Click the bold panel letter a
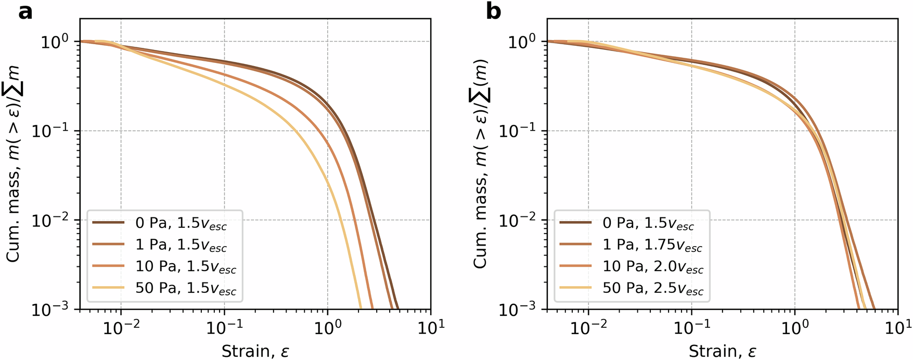pyautogui.click(x=25, y=11)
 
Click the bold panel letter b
pyautogui.click(x=493, y=11)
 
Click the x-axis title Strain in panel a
pyautogui.click(x=255, y=351)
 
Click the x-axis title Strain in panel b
pyautogui.click(x=722, y=351)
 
